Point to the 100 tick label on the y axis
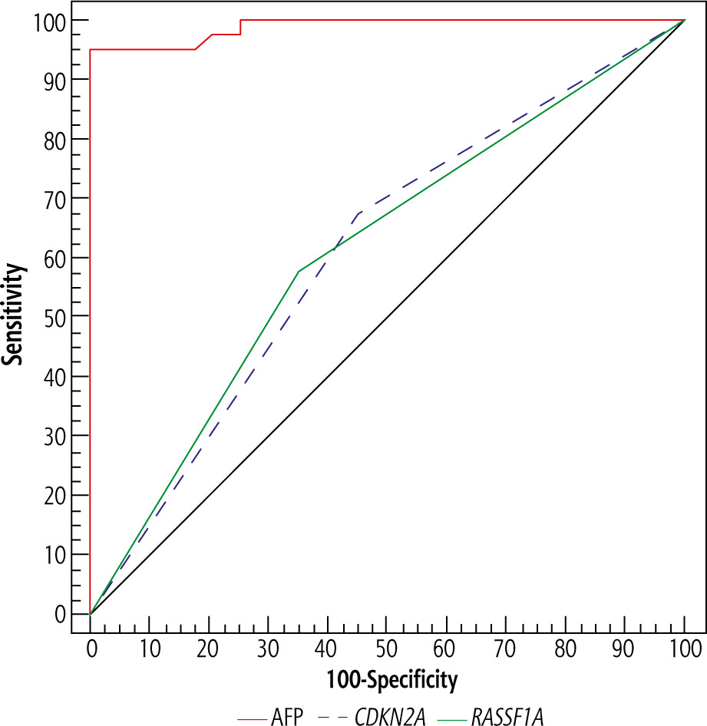(x=48, y=20)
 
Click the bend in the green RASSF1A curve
(x=298, y=272)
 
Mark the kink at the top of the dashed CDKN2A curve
(x=358, y=213)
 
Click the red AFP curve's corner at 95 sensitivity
(x=91, y=50)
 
